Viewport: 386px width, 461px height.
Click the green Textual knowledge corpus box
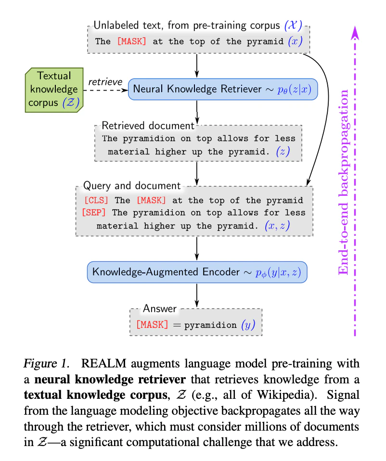[x=54, y=90]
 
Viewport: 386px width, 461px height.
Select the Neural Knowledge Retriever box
[x=223, y=89]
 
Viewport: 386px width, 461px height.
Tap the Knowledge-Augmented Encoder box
[x=197, y=272]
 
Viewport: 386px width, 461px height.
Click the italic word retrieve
[x=105, y=81]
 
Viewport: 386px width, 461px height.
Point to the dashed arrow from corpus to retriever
[x=106, y=90]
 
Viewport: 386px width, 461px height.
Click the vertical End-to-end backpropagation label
[x=344, y=182]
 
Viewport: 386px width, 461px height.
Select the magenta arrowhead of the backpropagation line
[x=355, y=33]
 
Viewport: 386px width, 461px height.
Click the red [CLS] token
[x=96, y=200]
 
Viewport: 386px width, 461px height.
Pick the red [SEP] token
[x=94, y=212]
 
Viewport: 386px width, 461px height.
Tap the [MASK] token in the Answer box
[x=153, y=325]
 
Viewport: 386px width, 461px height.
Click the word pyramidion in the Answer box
[x=210, y=325]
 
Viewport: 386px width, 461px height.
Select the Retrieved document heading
[x=148, y=126]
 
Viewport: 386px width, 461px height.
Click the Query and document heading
[x=132, y=186]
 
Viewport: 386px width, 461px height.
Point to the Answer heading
[x=160, y=309]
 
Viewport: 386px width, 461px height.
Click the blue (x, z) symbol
[x=277, y=226]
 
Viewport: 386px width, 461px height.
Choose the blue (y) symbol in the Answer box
[x=248, y=325]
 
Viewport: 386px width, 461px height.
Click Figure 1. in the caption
[x=47, y=364]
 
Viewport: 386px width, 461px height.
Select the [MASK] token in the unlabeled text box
[x=131, y=41]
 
